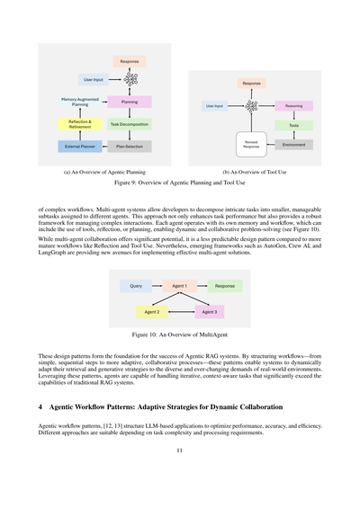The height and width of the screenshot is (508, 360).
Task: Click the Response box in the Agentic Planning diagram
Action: pos(129,61)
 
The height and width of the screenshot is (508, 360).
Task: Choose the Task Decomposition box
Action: pos(130,124)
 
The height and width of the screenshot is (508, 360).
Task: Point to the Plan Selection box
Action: pos(130,145)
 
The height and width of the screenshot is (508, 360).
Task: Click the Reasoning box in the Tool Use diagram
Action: pos(294,106)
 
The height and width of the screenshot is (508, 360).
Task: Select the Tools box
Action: pos(294,126)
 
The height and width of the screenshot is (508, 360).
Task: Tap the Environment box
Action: pos(294,144)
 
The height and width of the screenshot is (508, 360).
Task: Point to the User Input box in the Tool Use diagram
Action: pos(214,106)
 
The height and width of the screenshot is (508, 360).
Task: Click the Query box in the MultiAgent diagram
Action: pos(136,286)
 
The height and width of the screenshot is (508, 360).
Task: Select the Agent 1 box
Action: pos(180,286)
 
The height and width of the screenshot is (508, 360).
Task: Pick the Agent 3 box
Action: pos(209,311)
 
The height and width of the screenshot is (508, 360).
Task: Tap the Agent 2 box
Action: pos(152,311)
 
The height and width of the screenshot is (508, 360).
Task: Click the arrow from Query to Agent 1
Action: pos(157,286)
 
